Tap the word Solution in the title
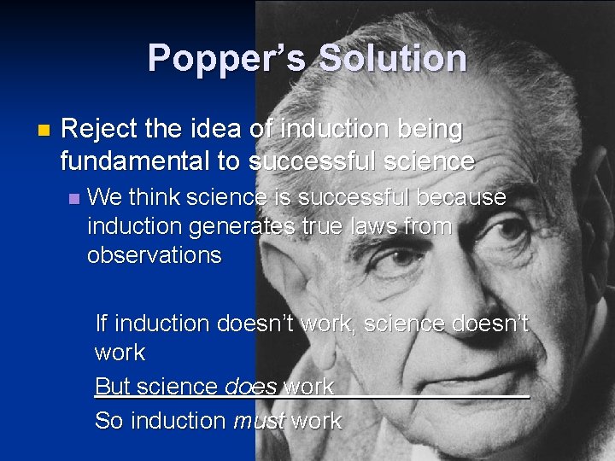coord(393,58)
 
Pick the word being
coord(428,130)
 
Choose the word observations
coord(155,255)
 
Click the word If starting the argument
coord(102,324)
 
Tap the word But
coord(113,386)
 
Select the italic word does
coord(250,387)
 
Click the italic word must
coord(258,421)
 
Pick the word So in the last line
coord(108,421)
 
